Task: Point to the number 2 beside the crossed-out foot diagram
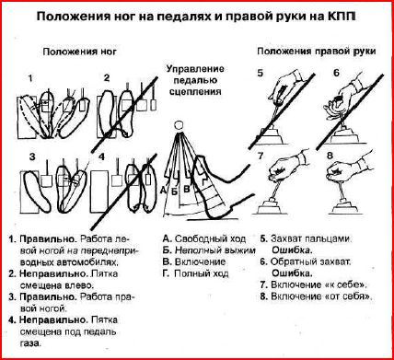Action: point(107,78)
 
